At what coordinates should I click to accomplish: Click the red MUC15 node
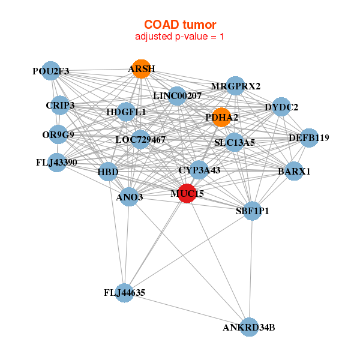tap(187, 194)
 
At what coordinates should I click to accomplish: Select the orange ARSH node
tap(141, 69)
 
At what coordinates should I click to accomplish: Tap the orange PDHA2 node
tap(221, 118)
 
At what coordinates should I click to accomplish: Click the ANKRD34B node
tap(249, 327)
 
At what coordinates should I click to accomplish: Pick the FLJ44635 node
tap(124, 293)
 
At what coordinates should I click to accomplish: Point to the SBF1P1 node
tap(252, 211)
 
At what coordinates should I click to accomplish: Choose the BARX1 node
tap(294, 172)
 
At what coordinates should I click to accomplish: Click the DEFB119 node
tap(308, 138)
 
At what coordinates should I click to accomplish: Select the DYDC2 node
tap(281, 107)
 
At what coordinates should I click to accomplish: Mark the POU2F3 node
tap(51, 71)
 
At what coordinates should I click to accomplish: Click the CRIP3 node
tap(60, 106)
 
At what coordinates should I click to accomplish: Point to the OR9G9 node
tap(58, 135)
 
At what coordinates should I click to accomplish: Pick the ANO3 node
tap(129, 197)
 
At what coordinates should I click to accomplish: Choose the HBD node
tap(108, 172)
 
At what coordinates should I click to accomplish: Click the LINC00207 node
tap(177, 95)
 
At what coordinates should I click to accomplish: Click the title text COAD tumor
tap(180, 25)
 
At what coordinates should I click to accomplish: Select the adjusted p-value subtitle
tap(180, 37)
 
